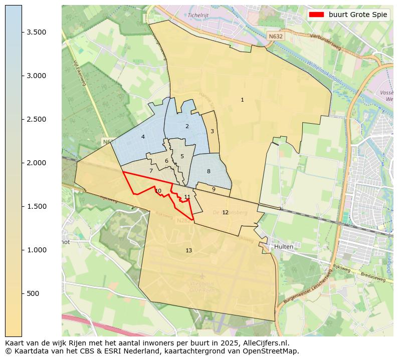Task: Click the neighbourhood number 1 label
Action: pyautogui.click(x=242, y=100)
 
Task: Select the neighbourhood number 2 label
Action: pyautogui.click(x=187, y=127)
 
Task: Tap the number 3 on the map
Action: pyautogui.click(x=212, y=132)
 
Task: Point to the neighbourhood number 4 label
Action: pyautogui.click(x=143, y=137)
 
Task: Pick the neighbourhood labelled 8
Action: pyautogui.click(x=209, y=172)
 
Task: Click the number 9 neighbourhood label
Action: pyautogui.click(x=214, y=189)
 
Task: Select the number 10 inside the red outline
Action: pyautogui.click(x=158, y=191)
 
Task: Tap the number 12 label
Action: pyautogui.click(x=225, y=213)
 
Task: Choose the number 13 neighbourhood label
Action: pyautogui.click(x=188, y=250)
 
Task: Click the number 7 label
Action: pyautogui.click(x=151, y=171)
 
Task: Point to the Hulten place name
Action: pyautogui.click(x=283, y=247)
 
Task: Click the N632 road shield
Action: pyautogui.click(x=275, y=37)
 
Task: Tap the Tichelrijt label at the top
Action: pyautogui.click(x=197, y=15)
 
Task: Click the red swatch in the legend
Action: pyautogui.click(x=317, y=15)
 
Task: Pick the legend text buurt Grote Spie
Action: pyautogui.click(x=358, y=15)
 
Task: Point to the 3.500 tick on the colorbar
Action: pyautogui.click(x=36, y=32)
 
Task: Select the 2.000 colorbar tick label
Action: pyautogui.click(x=36, y=163)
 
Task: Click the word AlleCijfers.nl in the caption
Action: pyautogui.click(x=264, y=343)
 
